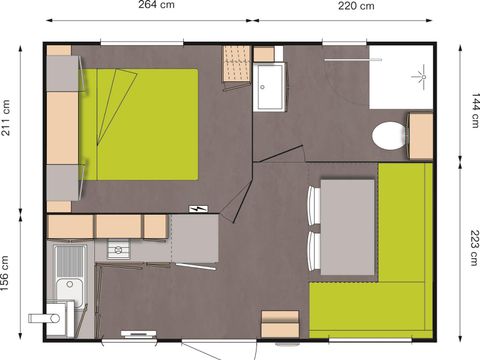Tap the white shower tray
click(401, 77)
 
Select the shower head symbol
click(418, 73)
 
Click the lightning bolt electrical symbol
click(197, 209)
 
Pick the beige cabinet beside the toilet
click(421, 135)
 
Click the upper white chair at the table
click(313, 206)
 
